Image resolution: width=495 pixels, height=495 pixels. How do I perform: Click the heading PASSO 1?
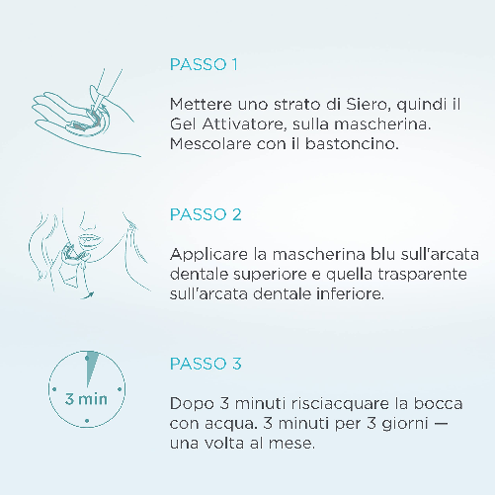[204, 64]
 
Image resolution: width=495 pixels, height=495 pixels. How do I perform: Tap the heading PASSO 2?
[206, 214]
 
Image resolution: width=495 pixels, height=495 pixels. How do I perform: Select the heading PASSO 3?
[206, 364]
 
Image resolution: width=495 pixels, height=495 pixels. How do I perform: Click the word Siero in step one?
[367, 105]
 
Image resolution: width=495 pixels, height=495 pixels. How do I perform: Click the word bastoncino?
[352, 144]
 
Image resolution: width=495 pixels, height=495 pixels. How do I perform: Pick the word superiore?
[271, 275]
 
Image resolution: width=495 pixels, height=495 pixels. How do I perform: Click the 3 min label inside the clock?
[86, 399]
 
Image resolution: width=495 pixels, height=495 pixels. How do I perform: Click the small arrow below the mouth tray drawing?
[88, 295]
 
